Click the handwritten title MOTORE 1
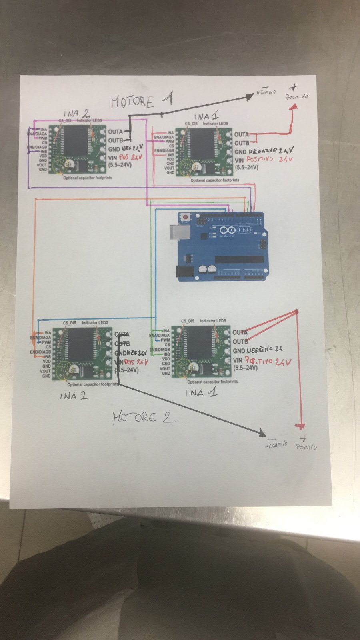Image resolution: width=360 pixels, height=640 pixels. click(x=142, y=100)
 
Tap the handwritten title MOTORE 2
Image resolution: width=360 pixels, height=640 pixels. click(x=144, y=418)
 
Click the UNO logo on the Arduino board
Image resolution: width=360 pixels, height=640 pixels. click(x=244, y=230)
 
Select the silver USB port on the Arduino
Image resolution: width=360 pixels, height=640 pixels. click(x=176, y=232)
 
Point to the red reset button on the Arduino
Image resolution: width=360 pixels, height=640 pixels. click(x=186, y=217)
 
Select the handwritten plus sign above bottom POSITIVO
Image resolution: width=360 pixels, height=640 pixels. click(x=304, y=438)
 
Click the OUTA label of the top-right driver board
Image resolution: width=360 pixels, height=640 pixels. click(x=241, y=134)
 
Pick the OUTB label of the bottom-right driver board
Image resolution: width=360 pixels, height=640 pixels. click(x=240, y=342)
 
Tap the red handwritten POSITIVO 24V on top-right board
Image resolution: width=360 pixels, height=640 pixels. click(x=270, y=159)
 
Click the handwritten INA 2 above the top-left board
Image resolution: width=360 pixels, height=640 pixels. click(x=76, y=114)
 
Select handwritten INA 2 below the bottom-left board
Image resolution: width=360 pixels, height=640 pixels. click(x=74, y=396)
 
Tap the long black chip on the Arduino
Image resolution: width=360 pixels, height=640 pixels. click(x=239, y=259)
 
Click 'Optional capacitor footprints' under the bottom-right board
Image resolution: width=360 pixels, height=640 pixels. click(x=212, y=382)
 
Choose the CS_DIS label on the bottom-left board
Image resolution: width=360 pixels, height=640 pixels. click(x=69, y=323)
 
